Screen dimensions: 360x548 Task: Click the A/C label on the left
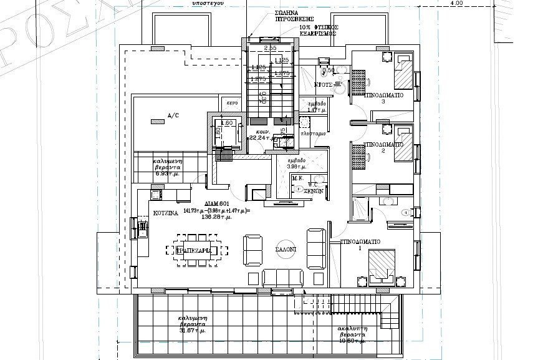(x=173, y=115)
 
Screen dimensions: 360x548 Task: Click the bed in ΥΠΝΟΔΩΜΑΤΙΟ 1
(x=381, y=265)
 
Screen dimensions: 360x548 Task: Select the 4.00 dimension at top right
(x=456, y=4)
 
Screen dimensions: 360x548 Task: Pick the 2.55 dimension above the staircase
(x=270, y=49)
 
